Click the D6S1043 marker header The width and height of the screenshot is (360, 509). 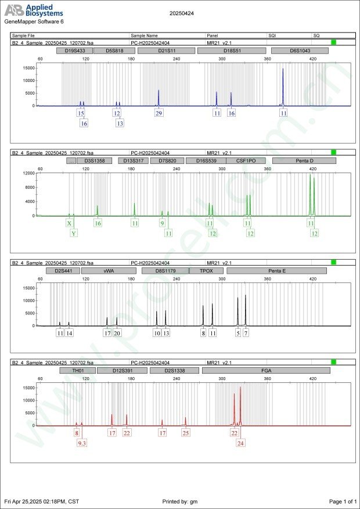[x=300, y=51]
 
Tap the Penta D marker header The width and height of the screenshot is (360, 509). [x=304, y=160]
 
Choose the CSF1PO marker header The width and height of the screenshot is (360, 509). [x=246, y=160]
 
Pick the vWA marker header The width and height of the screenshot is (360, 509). [x=109, y=271]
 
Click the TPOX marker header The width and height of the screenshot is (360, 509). [x=206, y=271]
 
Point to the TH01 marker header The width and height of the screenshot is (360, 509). [x=77, y=370]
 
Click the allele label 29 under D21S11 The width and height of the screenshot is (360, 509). [x=159, y=113]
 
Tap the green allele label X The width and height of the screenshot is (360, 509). [x=70, y=223]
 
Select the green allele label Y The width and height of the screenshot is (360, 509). [x=74, y=234]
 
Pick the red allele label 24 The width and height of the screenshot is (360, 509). [x=240, y=443]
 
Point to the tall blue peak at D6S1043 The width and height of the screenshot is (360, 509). [x=283, y=87]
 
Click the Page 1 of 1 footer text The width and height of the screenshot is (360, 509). [x=342, y=501]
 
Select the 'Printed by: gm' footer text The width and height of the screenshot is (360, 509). [x=181, y=501]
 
